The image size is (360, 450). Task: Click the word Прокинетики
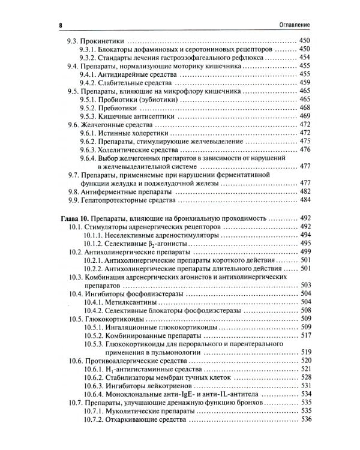[105, 40]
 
